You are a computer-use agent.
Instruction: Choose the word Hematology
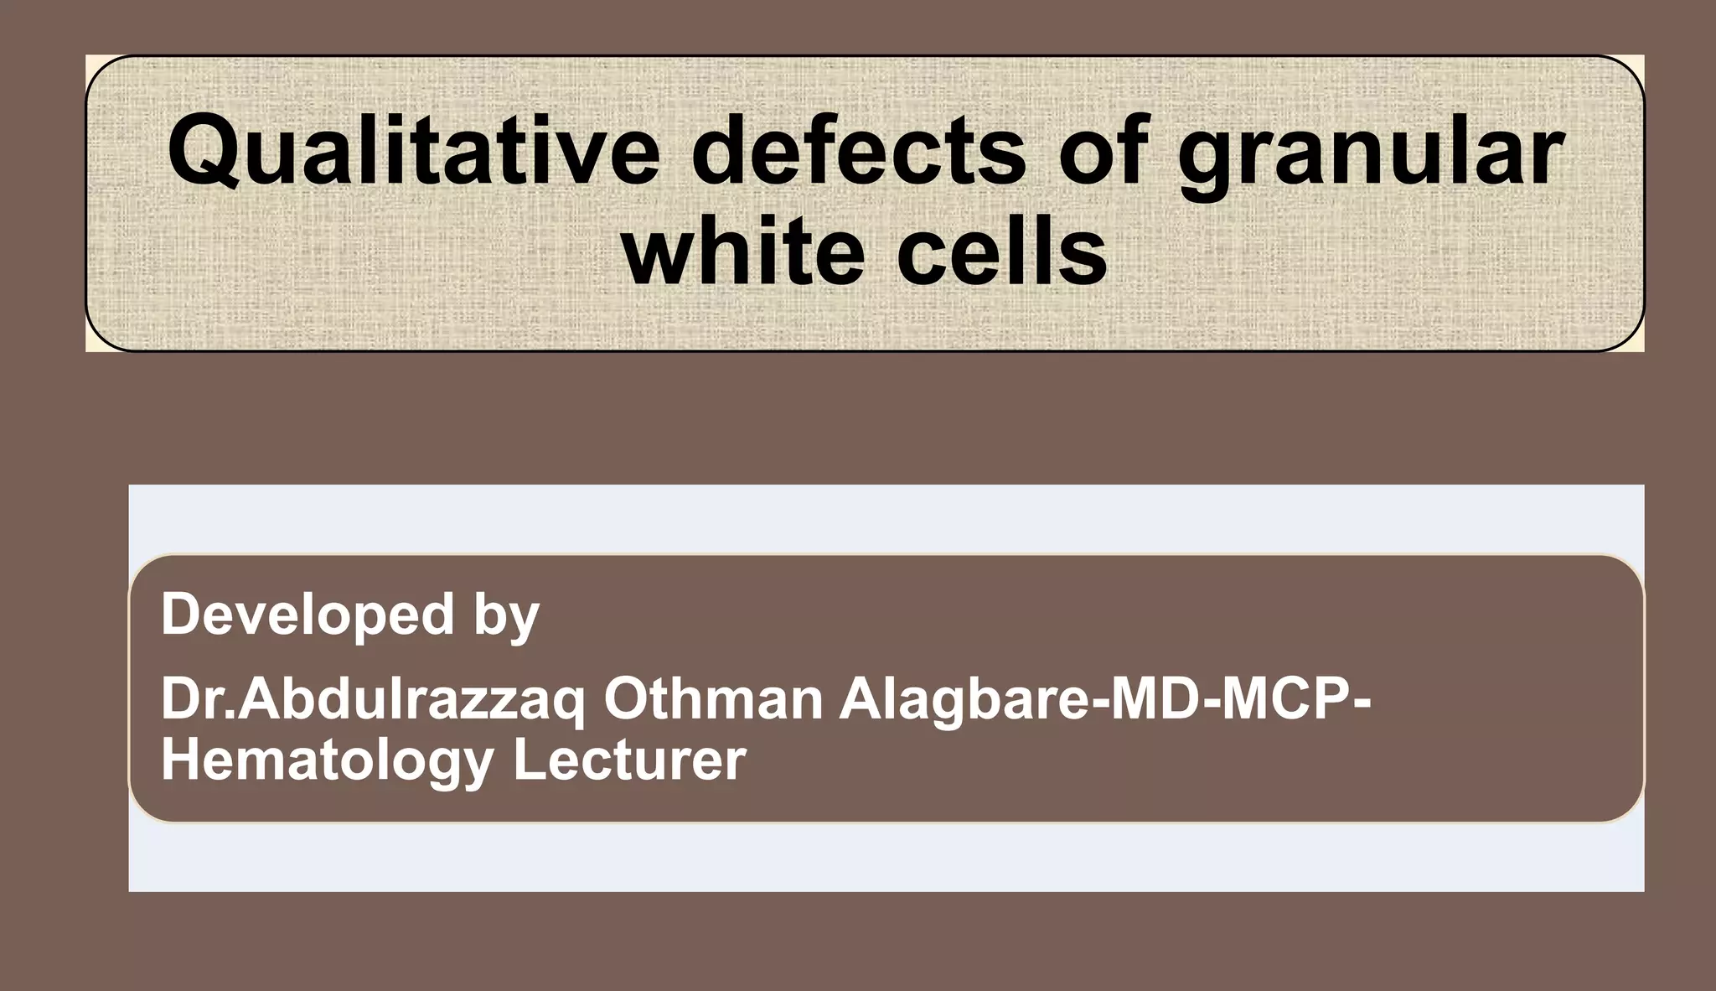pos(327,761)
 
